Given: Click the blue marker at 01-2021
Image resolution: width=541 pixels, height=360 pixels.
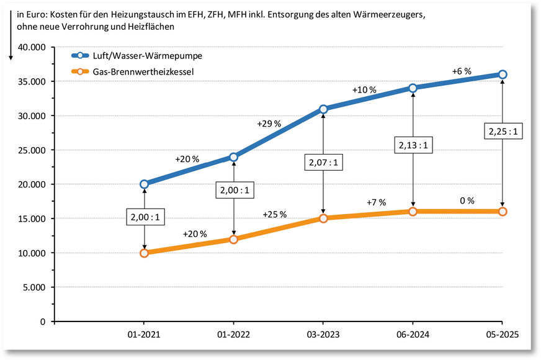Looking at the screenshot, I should click(x=144, y=184).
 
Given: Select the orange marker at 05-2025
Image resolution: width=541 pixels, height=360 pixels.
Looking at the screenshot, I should click(x=503, y=212).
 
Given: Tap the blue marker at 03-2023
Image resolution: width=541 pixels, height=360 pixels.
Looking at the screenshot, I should click(x=323, y=109).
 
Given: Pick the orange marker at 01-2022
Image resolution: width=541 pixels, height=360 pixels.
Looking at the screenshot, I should click(x=233, y=239).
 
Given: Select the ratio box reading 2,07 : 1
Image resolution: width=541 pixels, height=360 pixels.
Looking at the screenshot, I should click(x=323, y=164).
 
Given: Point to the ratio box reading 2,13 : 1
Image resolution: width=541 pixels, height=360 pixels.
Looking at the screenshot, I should click(x=413, y=146).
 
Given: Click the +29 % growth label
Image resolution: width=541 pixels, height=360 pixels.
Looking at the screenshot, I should click(x=269, y=124).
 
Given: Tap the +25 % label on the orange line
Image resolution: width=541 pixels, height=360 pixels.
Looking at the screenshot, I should click(x=274, y=214).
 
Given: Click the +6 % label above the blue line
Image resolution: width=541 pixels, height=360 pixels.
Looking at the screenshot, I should click(x=461, y=71).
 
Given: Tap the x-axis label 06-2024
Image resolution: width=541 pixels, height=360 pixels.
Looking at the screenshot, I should click(x=413, y=334).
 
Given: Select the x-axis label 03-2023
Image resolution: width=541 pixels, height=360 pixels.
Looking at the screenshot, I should click(x=323, y=334).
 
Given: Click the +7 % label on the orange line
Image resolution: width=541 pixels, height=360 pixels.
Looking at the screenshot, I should click(x=376, y=202).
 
